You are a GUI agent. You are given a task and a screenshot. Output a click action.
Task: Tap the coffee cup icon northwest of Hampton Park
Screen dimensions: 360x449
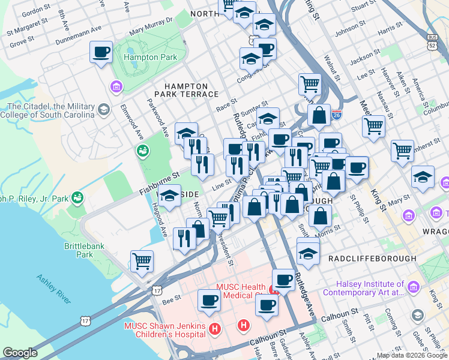coord(101,52)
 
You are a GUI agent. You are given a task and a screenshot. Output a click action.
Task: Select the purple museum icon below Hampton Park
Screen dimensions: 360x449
coord(116,88)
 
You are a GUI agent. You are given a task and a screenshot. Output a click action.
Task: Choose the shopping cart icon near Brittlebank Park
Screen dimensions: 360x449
coord(142,261)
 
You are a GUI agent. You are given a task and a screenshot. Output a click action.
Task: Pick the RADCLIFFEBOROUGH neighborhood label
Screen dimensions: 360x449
coord(372,258)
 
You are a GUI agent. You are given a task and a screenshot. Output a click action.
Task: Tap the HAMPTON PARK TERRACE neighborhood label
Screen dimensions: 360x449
coord(186,91)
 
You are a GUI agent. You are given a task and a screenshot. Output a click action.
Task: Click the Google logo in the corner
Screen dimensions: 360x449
coord(20,353)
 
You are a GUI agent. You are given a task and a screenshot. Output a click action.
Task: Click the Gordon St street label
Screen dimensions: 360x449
coord(35,10)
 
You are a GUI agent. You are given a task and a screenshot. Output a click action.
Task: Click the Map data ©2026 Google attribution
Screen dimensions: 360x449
coord(411,355)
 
